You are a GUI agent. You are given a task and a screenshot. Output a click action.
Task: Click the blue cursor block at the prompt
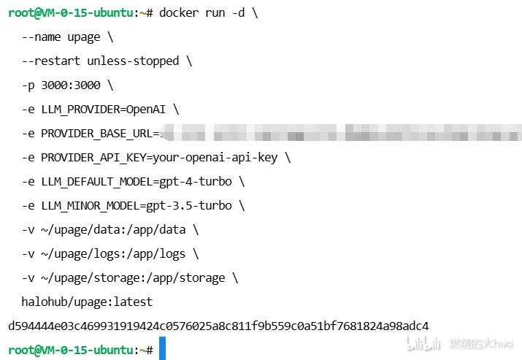(x=162, y=349)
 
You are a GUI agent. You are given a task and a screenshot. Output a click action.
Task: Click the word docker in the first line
(x=179, y=13)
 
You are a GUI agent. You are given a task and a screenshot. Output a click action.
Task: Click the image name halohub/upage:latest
(x=87, y=302)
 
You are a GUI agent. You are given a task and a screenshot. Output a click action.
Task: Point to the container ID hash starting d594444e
(x=218, y=326)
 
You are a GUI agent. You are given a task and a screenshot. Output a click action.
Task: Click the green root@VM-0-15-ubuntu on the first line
(x=69, y=13)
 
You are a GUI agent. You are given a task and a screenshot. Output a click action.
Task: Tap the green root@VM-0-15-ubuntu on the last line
(x=69, y=350)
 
